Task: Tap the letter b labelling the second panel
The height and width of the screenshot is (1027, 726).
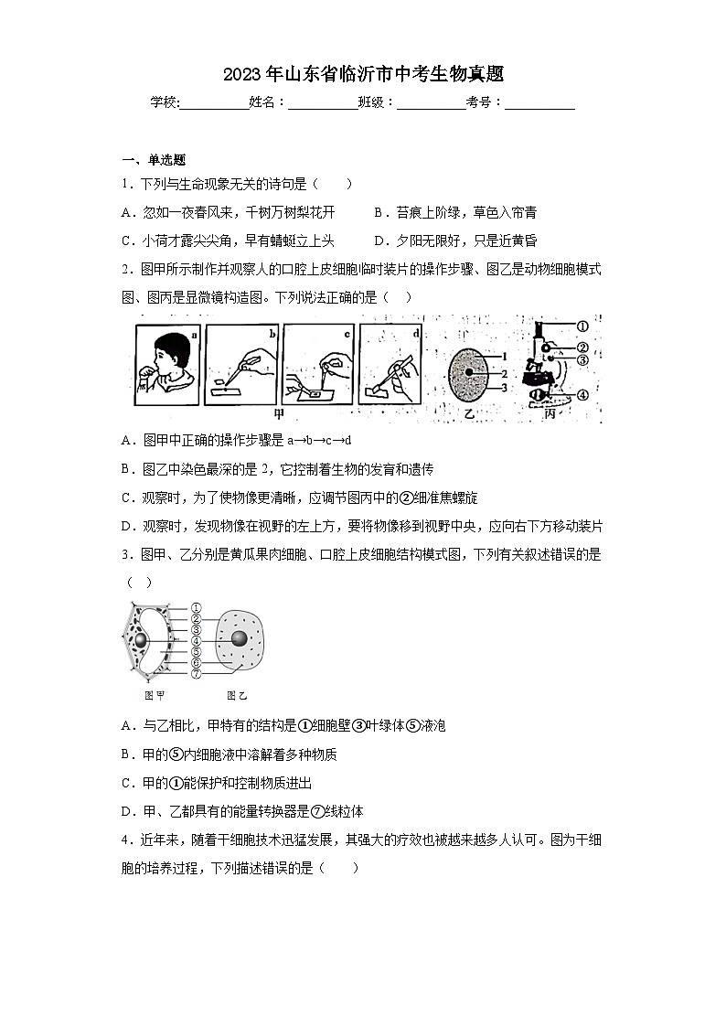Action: click(x=271, y=336)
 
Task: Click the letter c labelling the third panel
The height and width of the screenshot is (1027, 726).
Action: click(x=347, y=335)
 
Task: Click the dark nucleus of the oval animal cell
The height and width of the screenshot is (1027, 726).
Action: click(x=469, y=373)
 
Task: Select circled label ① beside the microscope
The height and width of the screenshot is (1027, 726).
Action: click(x=582, y=326)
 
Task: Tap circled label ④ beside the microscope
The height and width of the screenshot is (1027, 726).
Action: click(x=582, y=395)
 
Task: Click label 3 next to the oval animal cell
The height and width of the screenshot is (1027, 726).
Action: click(x=503, y=387)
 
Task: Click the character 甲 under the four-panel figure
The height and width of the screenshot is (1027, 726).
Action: click(x=293, y=412)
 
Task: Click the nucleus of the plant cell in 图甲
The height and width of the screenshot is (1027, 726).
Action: click(x=141, y=641)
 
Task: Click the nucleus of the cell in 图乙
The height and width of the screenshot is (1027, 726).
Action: click(x=239, y=639)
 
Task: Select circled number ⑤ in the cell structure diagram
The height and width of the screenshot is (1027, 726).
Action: click(x=196, y=651)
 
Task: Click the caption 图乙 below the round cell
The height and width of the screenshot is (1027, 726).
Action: click(x=237, y=695)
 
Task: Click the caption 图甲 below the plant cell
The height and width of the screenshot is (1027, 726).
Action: click(x=155, y=695)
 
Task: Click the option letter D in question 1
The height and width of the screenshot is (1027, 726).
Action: click(x=379, y=241)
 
